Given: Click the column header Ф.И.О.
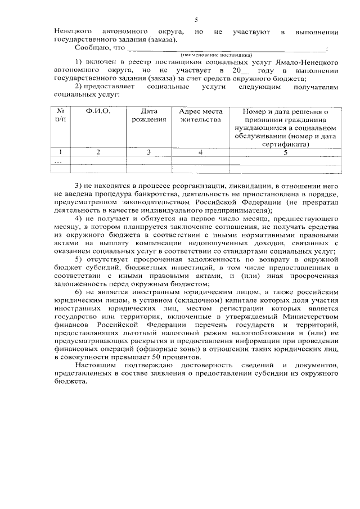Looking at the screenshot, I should point(98,112).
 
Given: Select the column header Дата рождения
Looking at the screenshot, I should point(148,115).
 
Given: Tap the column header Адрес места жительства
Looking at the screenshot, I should point(200,115).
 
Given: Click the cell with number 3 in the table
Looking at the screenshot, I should point(148,152).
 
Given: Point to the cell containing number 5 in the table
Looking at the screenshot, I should point(285,152).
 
